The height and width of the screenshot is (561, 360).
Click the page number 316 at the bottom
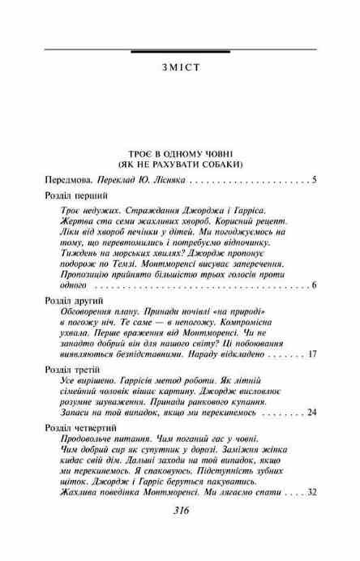pyautogui.click(x=181, y=534)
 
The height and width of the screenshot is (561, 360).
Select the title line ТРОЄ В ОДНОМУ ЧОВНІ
pyautogui.click(x=179, y=154)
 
